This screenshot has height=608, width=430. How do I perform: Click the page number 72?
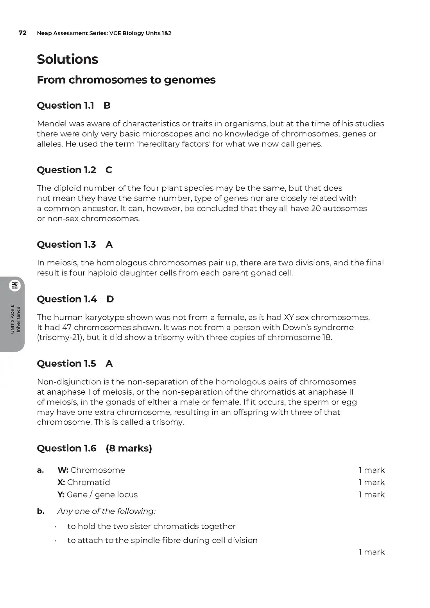(23, 33)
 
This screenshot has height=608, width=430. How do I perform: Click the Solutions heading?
(67, 59)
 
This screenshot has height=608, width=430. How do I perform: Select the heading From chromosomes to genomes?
(126, 80)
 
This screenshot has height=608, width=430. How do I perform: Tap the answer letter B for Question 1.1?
(107, 106)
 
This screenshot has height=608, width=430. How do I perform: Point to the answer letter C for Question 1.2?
(109, 170)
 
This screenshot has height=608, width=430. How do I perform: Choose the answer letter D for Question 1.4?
(110, 299)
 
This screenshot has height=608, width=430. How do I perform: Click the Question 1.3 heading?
(66, 245)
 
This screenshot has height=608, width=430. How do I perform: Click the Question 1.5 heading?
(66, 364)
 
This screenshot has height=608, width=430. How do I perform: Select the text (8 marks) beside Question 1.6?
(129, 448)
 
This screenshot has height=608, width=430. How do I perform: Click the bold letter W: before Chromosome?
(63, 470)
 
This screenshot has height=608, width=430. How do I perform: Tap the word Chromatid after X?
(88, 482)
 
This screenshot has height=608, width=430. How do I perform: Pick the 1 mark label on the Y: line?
(371, 494)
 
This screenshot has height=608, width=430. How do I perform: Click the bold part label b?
(41, 511)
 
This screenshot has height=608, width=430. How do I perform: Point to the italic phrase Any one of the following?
(106, 511)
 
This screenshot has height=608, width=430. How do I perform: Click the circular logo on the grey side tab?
(15, 286)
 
